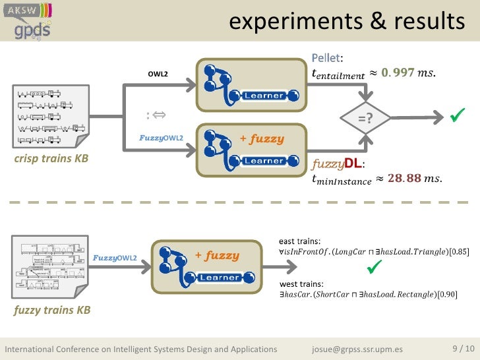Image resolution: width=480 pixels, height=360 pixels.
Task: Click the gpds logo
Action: [31, 29]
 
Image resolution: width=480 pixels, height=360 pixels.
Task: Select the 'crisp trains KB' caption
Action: [51, 160]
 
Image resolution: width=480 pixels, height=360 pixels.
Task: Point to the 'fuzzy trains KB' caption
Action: [51, 310]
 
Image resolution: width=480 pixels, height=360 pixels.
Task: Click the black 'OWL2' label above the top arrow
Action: [158, 73]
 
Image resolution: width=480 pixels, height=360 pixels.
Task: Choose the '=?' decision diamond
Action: [364, 117]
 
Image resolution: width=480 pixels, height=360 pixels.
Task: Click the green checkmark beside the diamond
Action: [456, 117]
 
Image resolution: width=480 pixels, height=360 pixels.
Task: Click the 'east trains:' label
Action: [300, 241]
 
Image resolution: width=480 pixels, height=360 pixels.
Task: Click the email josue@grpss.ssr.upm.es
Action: [357, 349]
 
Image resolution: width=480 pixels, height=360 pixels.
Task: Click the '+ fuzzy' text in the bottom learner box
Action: [217, 255]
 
